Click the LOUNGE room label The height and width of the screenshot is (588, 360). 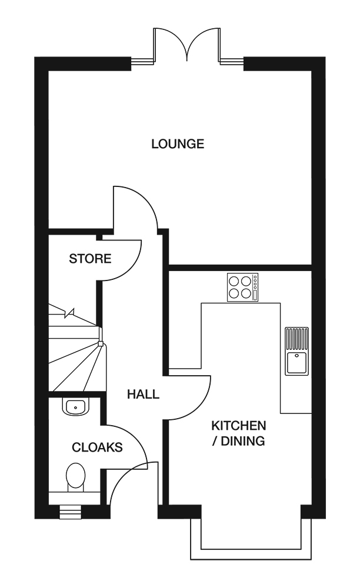pyautogui.click(x=178, y=143)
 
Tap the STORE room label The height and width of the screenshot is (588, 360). pyautogui.click(x=90, y=259)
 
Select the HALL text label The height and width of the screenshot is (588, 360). pyautogui.click(x=143, y=395)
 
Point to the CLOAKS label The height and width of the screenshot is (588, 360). pyautogui.click(x=97, y=447)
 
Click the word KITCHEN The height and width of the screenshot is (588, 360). pyautogui.click(x=239, y=425)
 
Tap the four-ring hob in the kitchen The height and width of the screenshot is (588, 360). pyautogui.click(x=242, y=288)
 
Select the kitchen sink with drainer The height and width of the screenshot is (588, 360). pyautogui.click(x=296, y=350)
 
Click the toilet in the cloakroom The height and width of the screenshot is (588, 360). pyautogui.click(x=76, y=477)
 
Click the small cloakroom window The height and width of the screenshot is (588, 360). pyautogui.click(x=69, y=512)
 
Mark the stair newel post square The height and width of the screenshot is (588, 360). pyautogui.click(x=101, y=343)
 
